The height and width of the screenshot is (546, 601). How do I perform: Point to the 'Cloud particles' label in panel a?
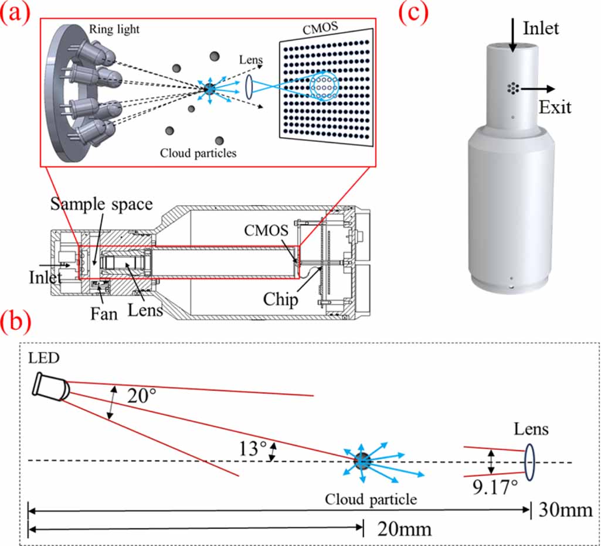tap(198, 153)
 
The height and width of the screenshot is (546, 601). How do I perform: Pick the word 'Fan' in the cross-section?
tap(104, 314)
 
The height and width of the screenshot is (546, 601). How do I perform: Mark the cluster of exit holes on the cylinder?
tap(513, 88)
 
